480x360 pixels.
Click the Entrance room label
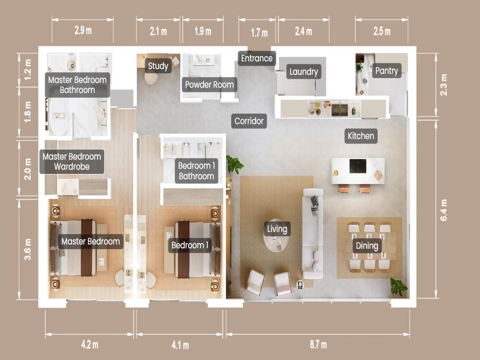tap(257, 58)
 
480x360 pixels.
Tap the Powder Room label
tap(209, 85)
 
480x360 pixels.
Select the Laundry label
tap(304, 72)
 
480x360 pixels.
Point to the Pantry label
tap(386, 71)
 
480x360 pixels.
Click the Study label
tap(158, 66)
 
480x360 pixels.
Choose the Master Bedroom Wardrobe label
tap(72, 162)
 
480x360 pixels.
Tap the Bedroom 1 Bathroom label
tap(196, 171)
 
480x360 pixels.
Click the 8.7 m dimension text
tap(318, 345)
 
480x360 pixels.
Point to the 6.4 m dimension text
tap(444, 210)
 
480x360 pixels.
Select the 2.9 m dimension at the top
tap(82, 31)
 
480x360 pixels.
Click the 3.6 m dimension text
tap(28, 249)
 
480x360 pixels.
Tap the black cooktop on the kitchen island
tap(358, 166)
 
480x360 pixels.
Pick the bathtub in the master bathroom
tap(58, 116)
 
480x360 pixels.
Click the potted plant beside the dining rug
tap(398, 287)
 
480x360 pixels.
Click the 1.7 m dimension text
tap(259, 33)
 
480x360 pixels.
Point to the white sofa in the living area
tap(312, 234)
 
